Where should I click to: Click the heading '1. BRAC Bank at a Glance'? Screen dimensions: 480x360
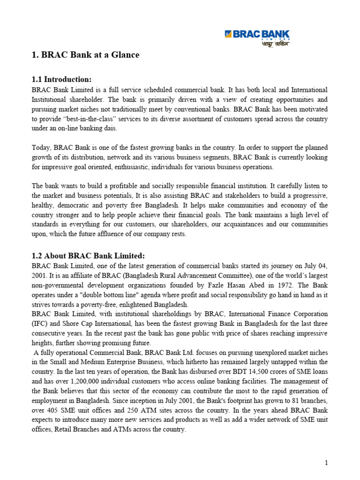[x=86, y=55]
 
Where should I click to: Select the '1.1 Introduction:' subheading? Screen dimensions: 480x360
[x=62, y=79]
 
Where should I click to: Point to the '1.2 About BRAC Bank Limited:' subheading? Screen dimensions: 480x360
[x=88, y=255]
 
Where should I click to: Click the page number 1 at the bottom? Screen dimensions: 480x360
[x=326, y=463]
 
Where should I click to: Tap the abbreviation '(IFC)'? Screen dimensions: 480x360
[x=40, y=323]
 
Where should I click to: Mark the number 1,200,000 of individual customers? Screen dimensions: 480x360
[x=88, y=381]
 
